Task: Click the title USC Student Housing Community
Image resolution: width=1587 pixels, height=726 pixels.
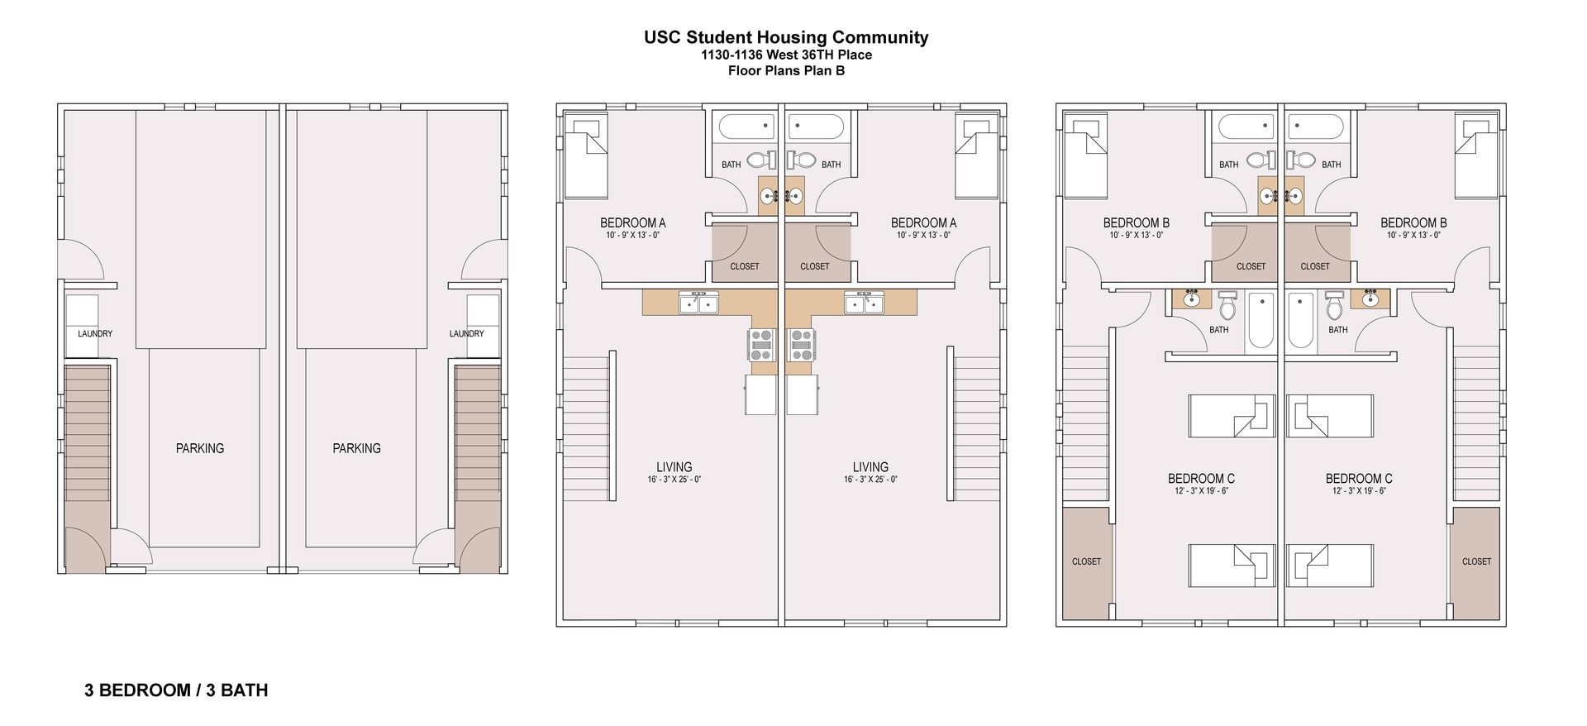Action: click(785, 37)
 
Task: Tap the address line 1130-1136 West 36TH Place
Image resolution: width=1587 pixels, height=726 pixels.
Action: click(785, 55)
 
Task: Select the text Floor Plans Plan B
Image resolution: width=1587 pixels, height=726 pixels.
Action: click(785, 71)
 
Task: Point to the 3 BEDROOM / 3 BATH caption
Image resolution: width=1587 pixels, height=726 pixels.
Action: click(176, 690)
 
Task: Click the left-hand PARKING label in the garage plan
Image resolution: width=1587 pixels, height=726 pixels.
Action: click(199, 448)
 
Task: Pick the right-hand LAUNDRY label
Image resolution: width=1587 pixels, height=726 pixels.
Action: click(466, 334)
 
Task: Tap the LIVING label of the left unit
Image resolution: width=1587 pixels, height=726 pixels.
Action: click(674, 467)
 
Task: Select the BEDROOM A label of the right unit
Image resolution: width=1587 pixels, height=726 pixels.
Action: click(923, 223)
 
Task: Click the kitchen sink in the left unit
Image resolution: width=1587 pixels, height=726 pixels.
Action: click(698, 303)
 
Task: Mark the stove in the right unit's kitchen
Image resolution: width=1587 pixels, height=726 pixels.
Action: click(802, 344)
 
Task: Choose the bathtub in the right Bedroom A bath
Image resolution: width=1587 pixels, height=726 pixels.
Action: click(817, 127)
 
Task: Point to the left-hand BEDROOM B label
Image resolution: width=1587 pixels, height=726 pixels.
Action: click(1136, 223)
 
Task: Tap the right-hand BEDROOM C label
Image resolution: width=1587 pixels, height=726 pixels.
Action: click(1358, 479)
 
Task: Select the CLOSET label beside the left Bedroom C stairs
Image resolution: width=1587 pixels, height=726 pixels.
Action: click(1086, 561)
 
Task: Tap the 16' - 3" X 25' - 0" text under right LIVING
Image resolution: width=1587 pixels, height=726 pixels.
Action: click(870, 480)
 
